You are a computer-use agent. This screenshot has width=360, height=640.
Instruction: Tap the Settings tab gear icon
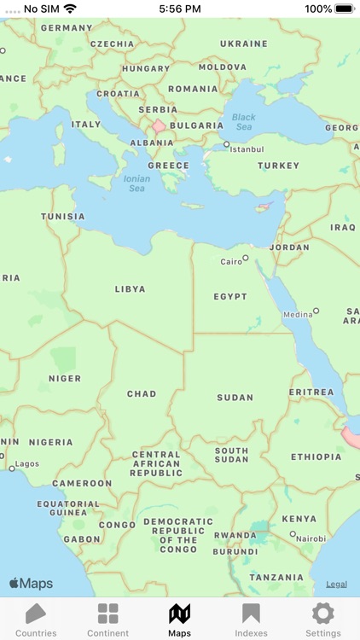click(x=322, y=614)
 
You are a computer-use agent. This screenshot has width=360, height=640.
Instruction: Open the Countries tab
click(x=36, y=614)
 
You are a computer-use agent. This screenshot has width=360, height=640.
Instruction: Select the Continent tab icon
click(x=107, y=614)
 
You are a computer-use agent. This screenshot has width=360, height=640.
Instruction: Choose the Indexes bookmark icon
click(x=251, y=614)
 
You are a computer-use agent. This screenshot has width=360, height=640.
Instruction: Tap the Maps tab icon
click(x=179, y=614)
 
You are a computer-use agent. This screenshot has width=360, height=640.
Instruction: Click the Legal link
click(x=336, y=585)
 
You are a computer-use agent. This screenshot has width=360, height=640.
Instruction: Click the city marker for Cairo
click(x=245, y=258)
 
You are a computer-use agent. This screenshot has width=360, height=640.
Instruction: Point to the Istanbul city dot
click(x=226, y=145)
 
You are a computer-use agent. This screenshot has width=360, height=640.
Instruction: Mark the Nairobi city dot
click(x=293, y=534)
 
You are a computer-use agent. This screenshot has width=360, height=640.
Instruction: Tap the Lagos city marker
click(x=12, y=468)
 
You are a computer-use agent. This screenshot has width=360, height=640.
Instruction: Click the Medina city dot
click(x=316, y=311)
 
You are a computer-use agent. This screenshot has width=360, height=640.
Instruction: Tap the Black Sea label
click(x=243, y=122)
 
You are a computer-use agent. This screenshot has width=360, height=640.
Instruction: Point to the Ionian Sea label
click(x=136, y=183)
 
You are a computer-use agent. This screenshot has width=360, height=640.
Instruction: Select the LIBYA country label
click(x=131, y=289)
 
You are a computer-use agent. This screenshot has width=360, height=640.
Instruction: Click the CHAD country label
click(x=142, y=394)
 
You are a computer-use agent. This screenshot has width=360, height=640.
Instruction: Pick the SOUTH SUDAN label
click(x=231, y=455)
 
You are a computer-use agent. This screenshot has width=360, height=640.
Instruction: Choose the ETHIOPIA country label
click(x=316, y=457)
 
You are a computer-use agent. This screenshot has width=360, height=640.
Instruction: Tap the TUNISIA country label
click(x=63, y=217)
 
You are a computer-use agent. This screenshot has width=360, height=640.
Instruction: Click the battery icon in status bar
click(x=344, y=9)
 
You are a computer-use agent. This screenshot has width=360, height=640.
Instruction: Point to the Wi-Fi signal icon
click(x=70, y=9)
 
